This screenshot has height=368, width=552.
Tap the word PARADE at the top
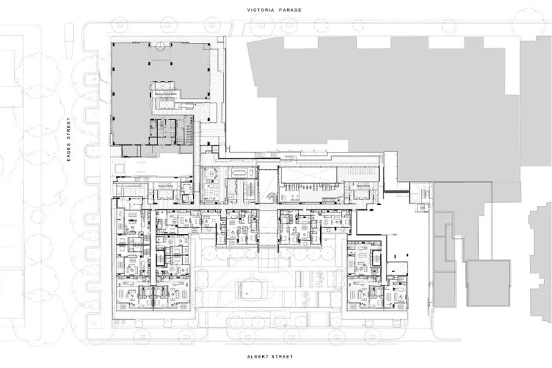coord(290,10)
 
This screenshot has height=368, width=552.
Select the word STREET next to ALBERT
coord(282,356)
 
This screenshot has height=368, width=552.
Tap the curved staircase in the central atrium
coord(271,198)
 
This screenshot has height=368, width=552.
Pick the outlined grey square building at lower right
coord(489,283)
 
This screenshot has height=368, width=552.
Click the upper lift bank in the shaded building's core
coord(162,86)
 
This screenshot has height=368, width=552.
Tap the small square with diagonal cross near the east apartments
coord(397,268)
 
